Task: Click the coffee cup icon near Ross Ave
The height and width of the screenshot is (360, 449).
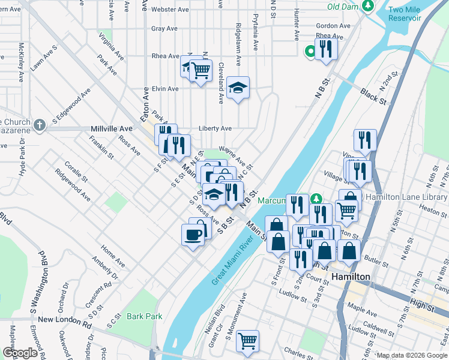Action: pyautogui.click(x=193, y=234)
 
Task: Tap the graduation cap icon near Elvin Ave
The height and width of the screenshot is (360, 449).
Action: pyautogui.click(x=238, y=88)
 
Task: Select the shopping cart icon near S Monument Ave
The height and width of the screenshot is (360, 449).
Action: pyautogui.click(x=247, y=341)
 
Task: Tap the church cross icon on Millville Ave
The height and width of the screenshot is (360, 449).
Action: pyautogui.click(x=40, y=125)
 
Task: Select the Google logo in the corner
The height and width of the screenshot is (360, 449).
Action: pyautogui.click(x=20, y=353)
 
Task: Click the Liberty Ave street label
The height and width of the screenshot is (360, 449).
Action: pyautogui.click(x=215, y=128)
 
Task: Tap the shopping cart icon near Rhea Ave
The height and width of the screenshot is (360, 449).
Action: pyautogui.click(x=200, y=70)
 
